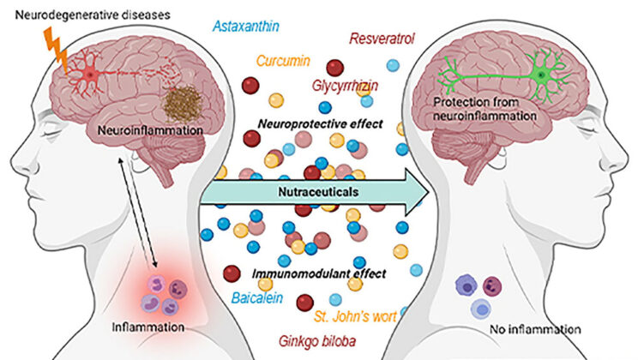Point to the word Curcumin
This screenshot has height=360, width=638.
coord(282,62)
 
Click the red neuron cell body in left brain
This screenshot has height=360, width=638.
coord(90,77)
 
